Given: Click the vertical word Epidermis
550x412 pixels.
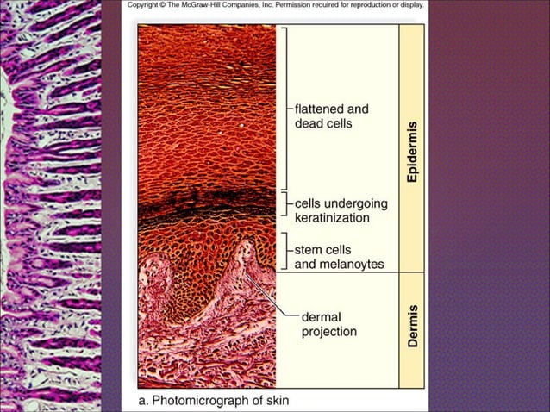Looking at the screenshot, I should coord(412,150).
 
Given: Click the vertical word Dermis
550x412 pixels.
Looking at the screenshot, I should coord(413,327).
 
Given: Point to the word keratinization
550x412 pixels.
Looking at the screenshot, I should coord(332,218).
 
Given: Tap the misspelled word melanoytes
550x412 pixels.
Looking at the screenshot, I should coord(353,265).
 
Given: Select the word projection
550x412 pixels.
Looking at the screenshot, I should coord(329,331).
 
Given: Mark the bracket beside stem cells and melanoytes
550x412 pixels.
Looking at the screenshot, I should coord(285,251).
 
